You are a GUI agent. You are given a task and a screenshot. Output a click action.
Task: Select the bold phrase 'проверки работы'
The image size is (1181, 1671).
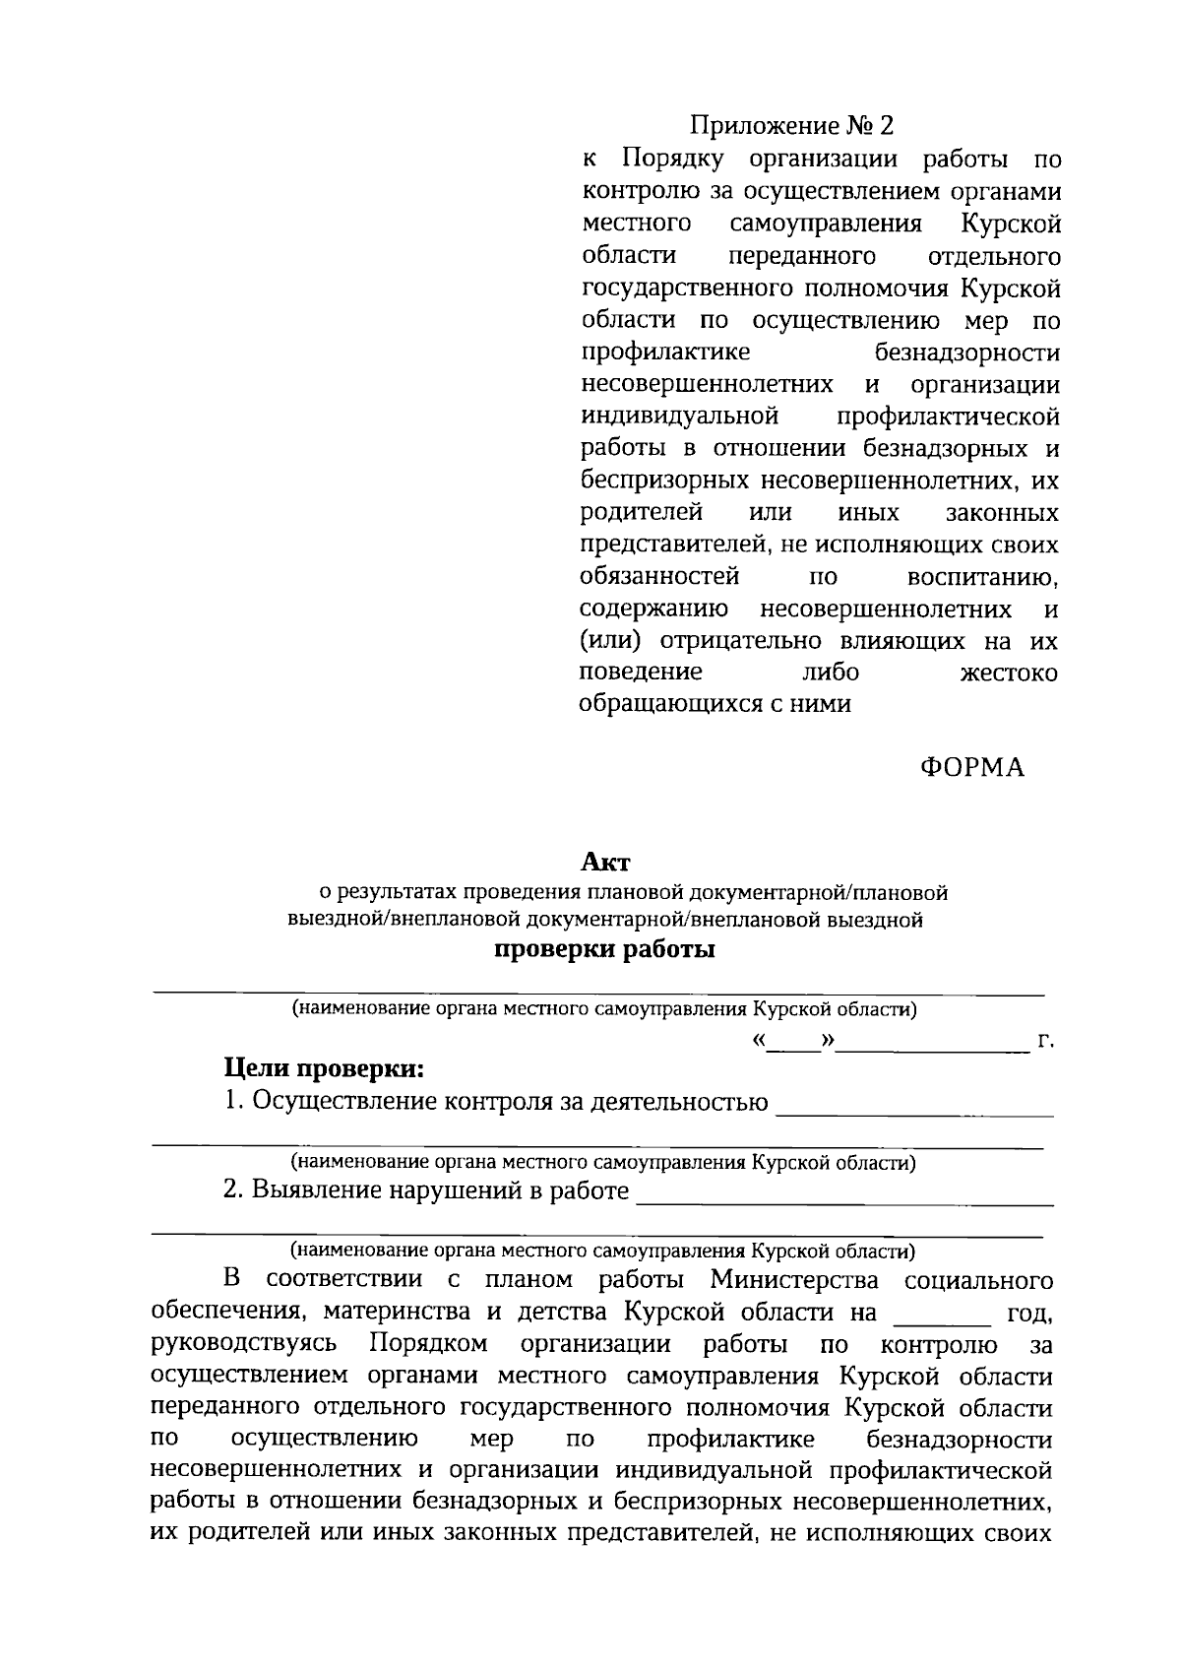pos(603,950)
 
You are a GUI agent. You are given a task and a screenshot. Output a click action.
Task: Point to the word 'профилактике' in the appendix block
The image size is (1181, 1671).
pos(665,353)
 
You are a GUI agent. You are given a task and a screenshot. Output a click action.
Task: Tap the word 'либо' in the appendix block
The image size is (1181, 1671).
pos(831,674)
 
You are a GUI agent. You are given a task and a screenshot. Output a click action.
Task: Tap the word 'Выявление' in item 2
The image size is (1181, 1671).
pos(315,1191)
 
